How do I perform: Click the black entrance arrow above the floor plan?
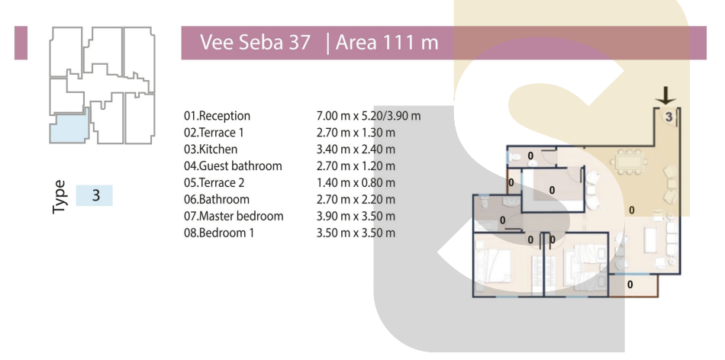pos(665,95)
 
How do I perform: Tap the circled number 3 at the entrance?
pos(669,117)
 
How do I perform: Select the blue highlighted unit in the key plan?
pos(69,127)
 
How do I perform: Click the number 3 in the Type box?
pos(95,195)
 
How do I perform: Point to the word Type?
pos(60,197)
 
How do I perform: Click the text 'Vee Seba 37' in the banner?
pos(255,43)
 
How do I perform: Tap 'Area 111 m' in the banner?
pos(387,43)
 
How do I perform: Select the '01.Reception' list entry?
pos(217,116)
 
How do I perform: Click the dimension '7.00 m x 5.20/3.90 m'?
pos(369,116)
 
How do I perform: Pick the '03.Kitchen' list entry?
pos(211,149)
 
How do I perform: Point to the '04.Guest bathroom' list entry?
pos(233,166)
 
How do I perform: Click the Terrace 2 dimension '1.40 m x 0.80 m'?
pos(356,182)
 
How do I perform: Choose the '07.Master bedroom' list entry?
pos(234,216)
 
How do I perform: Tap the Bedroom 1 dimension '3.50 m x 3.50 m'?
pos(356,233)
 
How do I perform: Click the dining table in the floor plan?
pos(628,162)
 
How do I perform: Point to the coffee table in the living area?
pos(649,239)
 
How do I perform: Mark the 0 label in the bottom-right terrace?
pos(630,284)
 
